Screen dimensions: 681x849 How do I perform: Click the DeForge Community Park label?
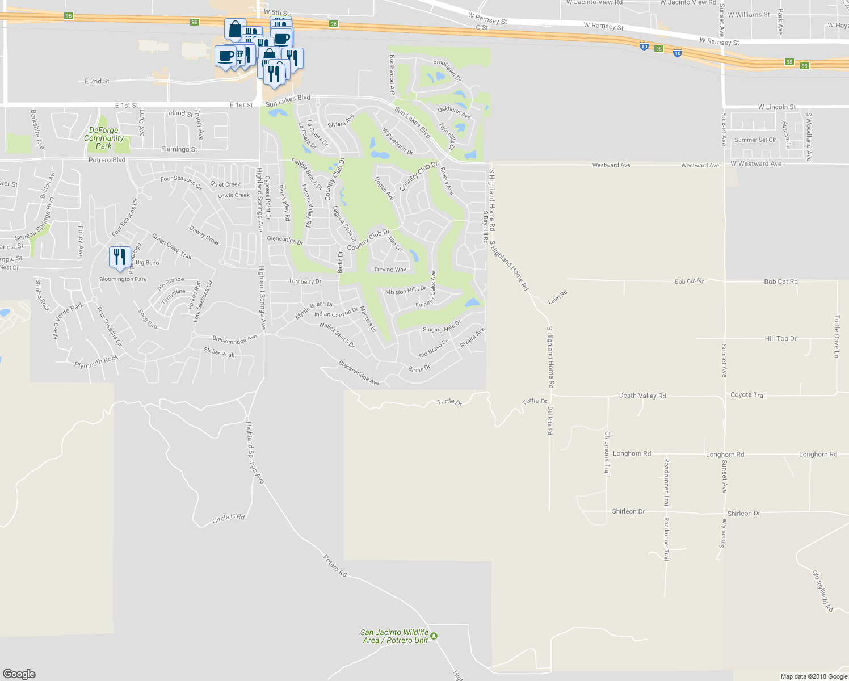104,138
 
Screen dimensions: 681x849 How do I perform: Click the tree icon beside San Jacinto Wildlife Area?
434,636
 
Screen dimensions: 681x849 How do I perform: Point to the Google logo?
19,674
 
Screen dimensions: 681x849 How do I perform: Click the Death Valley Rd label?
642,396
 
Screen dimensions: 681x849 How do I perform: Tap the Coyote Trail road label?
748,395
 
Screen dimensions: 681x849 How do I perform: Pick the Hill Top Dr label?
780,339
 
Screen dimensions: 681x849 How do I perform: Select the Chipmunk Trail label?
607,453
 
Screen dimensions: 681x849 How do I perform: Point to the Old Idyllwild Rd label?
823,591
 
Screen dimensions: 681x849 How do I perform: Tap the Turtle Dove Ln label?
837,337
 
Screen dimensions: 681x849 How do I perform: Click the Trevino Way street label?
390,270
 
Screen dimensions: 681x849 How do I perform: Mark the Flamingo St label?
179,149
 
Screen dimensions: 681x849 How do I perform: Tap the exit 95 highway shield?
69,16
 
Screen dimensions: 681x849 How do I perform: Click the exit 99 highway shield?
805,66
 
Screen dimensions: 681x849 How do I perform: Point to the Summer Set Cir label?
755,140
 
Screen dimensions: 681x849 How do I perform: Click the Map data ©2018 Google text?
814,676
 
